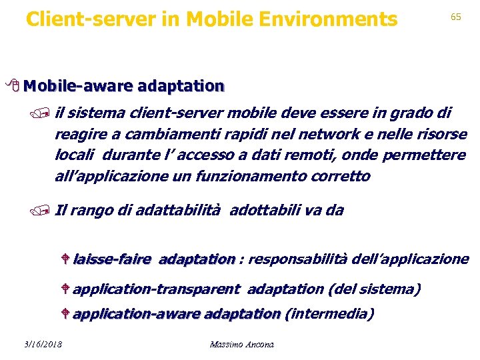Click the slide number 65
click(x=456, y=17)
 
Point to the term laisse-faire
click(x=111, y=259)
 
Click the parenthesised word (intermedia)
click(x=329, y=313)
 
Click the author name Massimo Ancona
click(x=241, y=344)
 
